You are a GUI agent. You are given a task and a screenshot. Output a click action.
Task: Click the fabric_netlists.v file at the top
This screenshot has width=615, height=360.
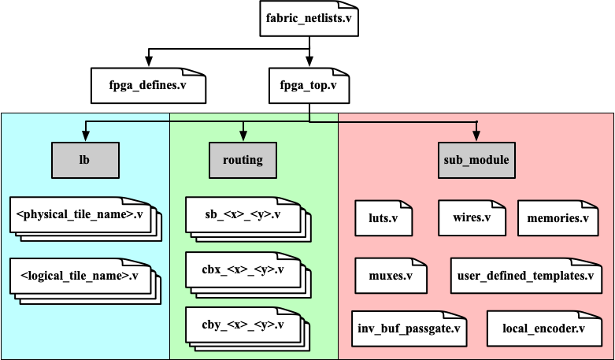[x=309, y=18]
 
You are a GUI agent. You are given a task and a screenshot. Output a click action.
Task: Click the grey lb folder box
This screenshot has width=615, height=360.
[x=84, y=160]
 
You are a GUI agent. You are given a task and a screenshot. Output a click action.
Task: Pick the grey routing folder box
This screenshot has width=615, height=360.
[x=242, y=160]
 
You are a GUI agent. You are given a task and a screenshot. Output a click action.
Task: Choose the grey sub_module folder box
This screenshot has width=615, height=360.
[x=476, y=160]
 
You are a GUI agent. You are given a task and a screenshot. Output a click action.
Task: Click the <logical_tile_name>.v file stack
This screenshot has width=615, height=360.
[x=79, y=276]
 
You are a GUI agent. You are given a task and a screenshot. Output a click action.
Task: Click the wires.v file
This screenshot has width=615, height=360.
[x=472, y=217]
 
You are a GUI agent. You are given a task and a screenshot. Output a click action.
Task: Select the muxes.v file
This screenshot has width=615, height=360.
[x=391, y=276]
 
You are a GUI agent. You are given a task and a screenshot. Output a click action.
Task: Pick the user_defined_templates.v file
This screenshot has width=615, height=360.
[x=525, y=276]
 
